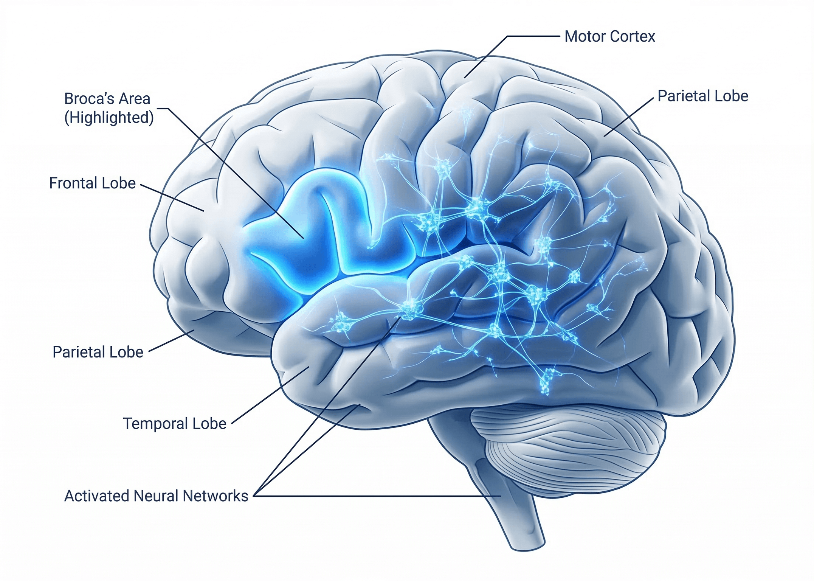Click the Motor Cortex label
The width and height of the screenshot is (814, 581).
609,37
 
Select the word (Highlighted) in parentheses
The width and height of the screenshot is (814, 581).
109,118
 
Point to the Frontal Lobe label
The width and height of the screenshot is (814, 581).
92,183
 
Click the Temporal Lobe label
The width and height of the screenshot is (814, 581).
175,424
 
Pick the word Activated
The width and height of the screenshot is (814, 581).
96,496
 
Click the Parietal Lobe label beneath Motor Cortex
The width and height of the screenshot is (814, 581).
703,96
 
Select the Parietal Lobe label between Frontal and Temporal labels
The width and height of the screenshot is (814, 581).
98,352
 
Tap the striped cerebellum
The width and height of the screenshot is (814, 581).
567,446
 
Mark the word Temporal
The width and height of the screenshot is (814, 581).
155,424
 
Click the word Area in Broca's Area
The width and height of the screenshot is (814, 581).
134,99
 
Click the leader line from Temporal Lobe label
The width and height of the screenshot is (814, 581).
270,395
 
